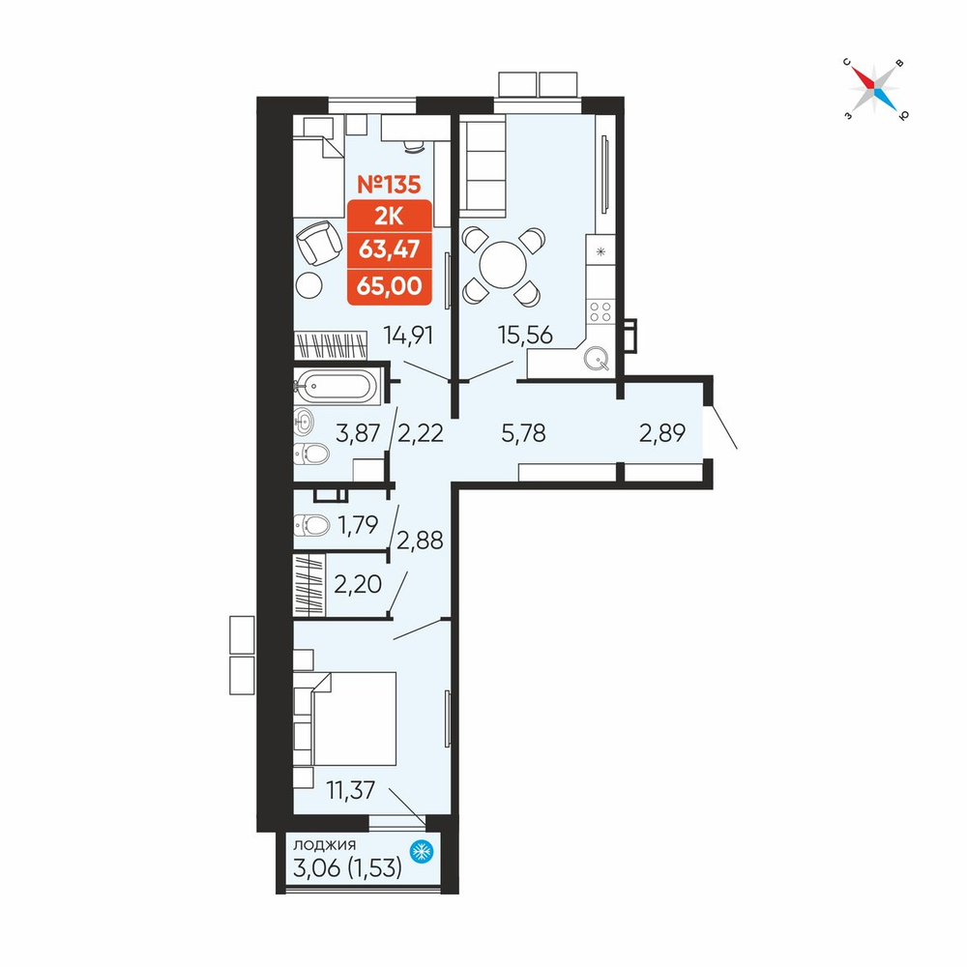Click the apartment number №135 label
(x=389, y=185)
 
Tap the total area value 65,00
(x=389, y=286)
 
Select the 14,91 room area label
(x=408, y=336)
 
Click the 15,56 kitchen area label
(x=525, y=336)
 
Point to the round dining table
(x=503, y=265)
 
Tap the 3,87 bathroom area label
(x=358, y=433)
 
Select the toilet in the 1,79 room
(x=312, y=525)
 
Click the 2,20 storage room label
(x=358, y=583)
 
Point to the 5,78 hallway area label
(x=523, y=433)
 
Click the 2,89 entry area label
(x=662, y=433)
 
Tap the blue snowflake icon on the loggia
(x=422, y=852)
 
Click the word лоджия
(x=324, y=845)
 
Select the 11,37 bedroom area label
(x=350, y=790)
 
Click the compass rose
(x=874, y=89)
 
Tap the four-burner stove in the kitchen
(x=601, y=311)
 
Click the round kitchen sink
(x=597, y=357)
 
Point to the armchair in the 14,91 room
(x=319, y=243)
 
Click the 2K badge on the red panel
(x=389, y=217)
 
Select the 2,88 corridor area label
(x=420, y=541)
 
